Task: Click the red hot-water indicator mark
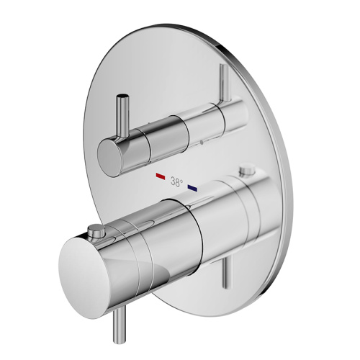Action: [159, 176]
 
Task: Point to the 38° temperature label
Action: [176, 182]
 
